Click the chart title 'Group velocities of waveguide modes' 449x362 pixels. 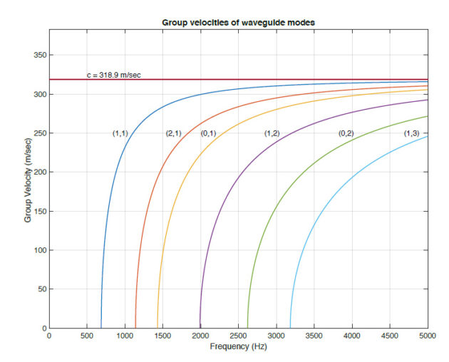pyautogui.click(x=238, y=23)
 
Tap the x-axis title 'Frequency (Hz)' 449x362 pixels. pyautogui.click(x=238, y=346)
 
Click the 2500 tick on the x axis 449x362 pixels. pyautogui.click(x=238, y=335)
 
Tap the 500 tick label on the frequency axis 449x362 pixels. pyautogui.click(x=87, y=335)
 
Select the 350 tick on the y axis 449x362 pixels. pyautogui.click(x=38, y=55)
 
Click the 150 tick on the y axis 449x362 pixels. pyautogui.click(x=38, y=212)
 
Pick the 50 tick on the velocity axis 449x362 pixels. pyautogui.click(x=41, y=289)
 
